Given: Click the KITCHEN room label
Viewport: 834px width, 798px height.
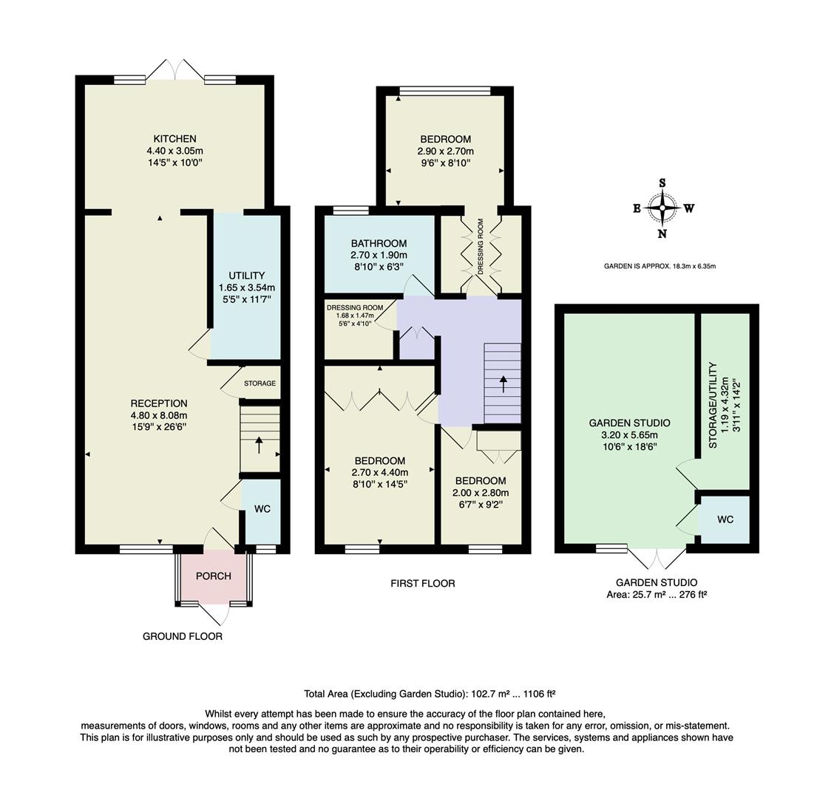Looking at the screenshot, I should coord(174,139).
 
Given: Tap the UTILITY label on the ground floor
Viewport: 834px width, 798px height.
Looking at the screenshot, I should coord(246,276).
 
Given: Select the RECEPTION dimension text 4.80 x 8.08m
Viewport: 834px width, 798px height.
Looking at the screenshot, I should coord(159,415).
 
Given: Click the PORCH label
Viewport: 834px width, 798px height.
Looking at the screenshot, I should coord(214,576).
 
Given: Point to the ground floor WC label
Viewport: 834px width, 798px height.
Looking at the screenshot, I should coord(262,510).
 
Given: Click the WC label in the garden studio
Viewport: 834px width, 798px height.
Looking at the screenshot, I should coord(725,519).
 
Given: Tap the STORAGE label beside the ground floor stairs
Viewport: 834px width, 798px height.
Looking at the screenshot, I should coord(260,383).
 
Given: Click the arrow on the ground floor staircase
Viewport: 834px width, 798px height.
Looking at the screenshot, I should coord(259,445).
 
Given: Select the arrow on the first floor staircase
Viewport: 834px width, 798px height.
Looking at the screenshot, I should coord(504,383).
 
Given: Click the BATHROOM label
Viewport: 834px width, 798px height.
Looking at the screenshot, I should coord(379,243).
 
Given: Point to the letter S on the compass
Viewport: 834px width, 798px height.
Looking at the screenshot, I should coord(662,183).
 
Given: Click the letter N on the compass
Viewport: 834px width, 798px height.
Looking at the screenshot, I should coord(662,234).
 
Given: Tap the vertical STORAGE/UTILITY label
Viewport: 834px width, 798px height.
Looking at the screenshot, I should coord(713,405).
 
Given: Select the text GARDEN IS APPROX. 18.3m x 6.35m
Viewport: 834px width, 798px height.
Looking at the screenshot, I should coord(660,266).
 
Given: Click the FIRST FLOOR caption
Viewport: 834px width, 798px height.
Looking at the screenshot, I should coord(422,584).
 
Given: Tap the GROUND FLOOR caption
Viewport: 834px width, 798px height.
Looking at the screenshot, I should coord(183,636).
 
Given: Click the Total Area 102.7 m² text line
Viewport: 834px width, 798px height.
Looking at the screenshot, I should coord(430,694).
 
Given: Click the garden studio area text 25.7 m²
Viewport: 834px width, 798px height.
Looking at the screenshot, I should coord(657,594).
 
